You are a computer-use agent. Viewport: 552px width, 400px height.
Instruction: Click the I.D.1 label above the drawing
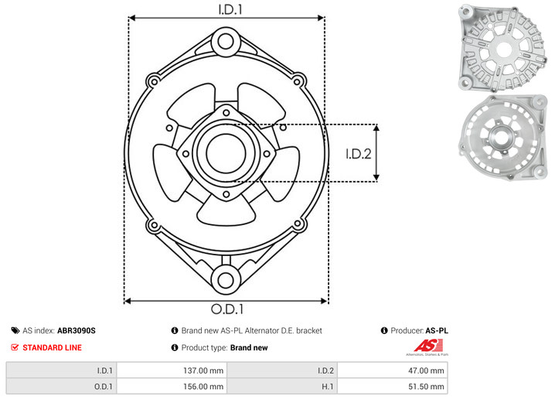pos(230,9)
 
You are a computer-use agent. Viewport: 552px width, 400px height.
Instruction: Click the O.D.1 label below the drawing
pos(227,309)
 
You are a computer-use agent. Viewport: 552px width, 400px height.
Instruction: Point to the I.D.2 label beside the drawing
pos(359,154)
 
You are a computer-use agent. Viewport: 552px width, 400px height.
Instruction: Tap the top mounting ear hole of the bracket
pos(226,42)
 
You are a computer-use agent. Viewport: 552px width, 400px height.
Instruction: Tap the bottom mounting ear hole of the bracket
pos(226,281)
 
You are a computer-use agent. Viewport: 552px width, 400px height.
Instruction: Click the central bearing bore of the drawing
pos(226,153)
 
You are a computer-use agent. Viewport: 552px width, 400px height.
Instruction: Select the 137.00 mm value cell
pos(172,371)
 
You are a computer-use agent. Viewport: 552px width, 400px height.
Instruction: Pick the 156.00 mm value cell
pos(172,387)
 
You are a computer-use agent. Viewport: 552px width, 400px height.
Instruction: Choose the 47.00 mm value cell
pos(392,371)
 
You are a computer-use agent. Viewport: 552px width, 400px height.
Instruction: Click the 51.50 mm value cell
pos(392,387)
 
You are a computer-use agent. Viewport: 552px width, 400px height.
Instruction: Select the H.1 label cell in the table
pos(282,387)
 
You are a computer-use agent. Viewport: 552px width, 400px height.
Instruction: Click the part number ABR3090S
pos(77,330)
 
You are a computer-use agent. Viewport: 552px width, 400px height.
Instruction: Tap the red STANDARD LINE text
pos(52,347)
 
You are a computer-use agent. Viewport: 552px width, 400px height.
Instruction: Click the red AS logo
pos(428,345)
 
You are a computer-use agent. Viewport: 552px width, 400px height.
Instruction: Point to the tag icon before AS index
pos(15,330)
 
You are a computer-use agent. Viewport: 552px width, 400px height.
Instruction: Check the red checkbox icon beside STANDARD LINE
pos(15,347)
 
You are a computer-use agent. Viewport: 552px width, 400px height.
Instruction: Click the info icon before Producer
pos(384,330)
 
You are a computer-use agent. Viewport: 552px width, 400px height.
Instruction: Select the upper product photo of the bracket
pos(503,48)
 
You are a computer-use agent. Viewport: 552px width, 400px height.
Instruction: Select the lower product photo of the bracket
pos(503,138)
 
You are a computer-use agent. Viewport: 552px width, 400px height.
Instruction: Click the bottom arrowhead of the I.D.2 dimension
pos(377,178)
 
